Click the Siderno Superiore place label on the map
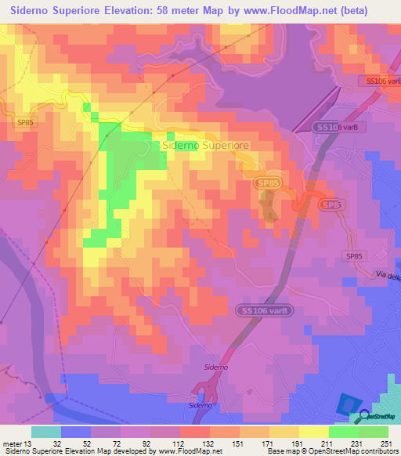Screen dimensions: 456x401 [205, 145]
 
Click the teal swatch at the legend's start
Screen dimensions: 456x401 [46, 431]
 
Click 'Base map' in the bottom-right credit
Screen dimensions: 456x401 [280, 452]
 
